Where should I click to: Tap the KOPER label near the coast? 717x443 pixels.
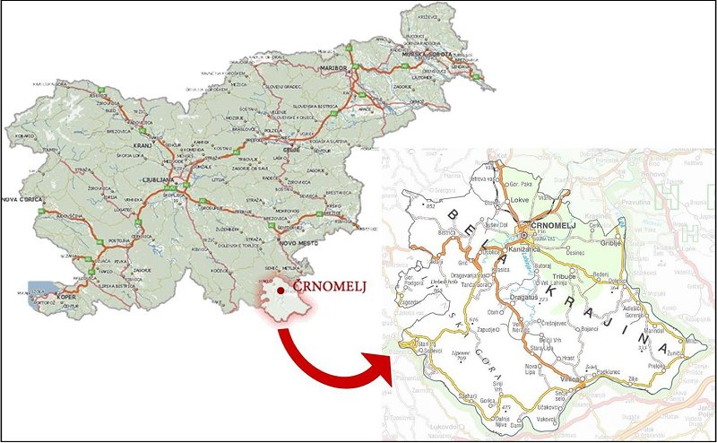[65, 292]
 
